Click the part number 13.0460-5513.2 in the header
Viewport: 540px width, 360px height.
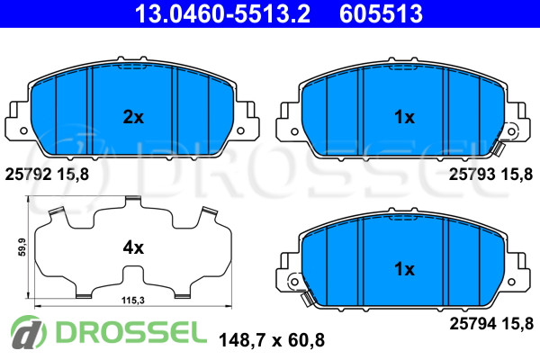click(222, 13)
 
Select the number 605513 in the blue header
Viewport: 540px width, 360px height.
click(381, 13)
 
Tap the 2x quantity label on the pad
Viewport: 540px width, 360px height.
click(133, 117)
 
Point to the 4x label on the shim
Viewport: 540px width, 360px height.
click(133, 247)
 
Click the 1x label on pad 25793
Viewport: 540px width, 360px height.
click(404, 117)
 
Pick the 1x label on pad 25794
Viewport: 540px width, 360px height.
click(404, 269)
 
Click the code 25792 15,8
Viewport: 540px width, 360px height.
click(47, 175)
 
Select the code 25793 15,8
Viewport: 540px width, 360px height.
click(490, 175)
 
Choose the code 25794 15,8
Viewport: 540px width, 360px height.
click(491, 323)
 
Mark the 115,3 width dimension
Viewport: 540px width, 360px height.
click(133, 301)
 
